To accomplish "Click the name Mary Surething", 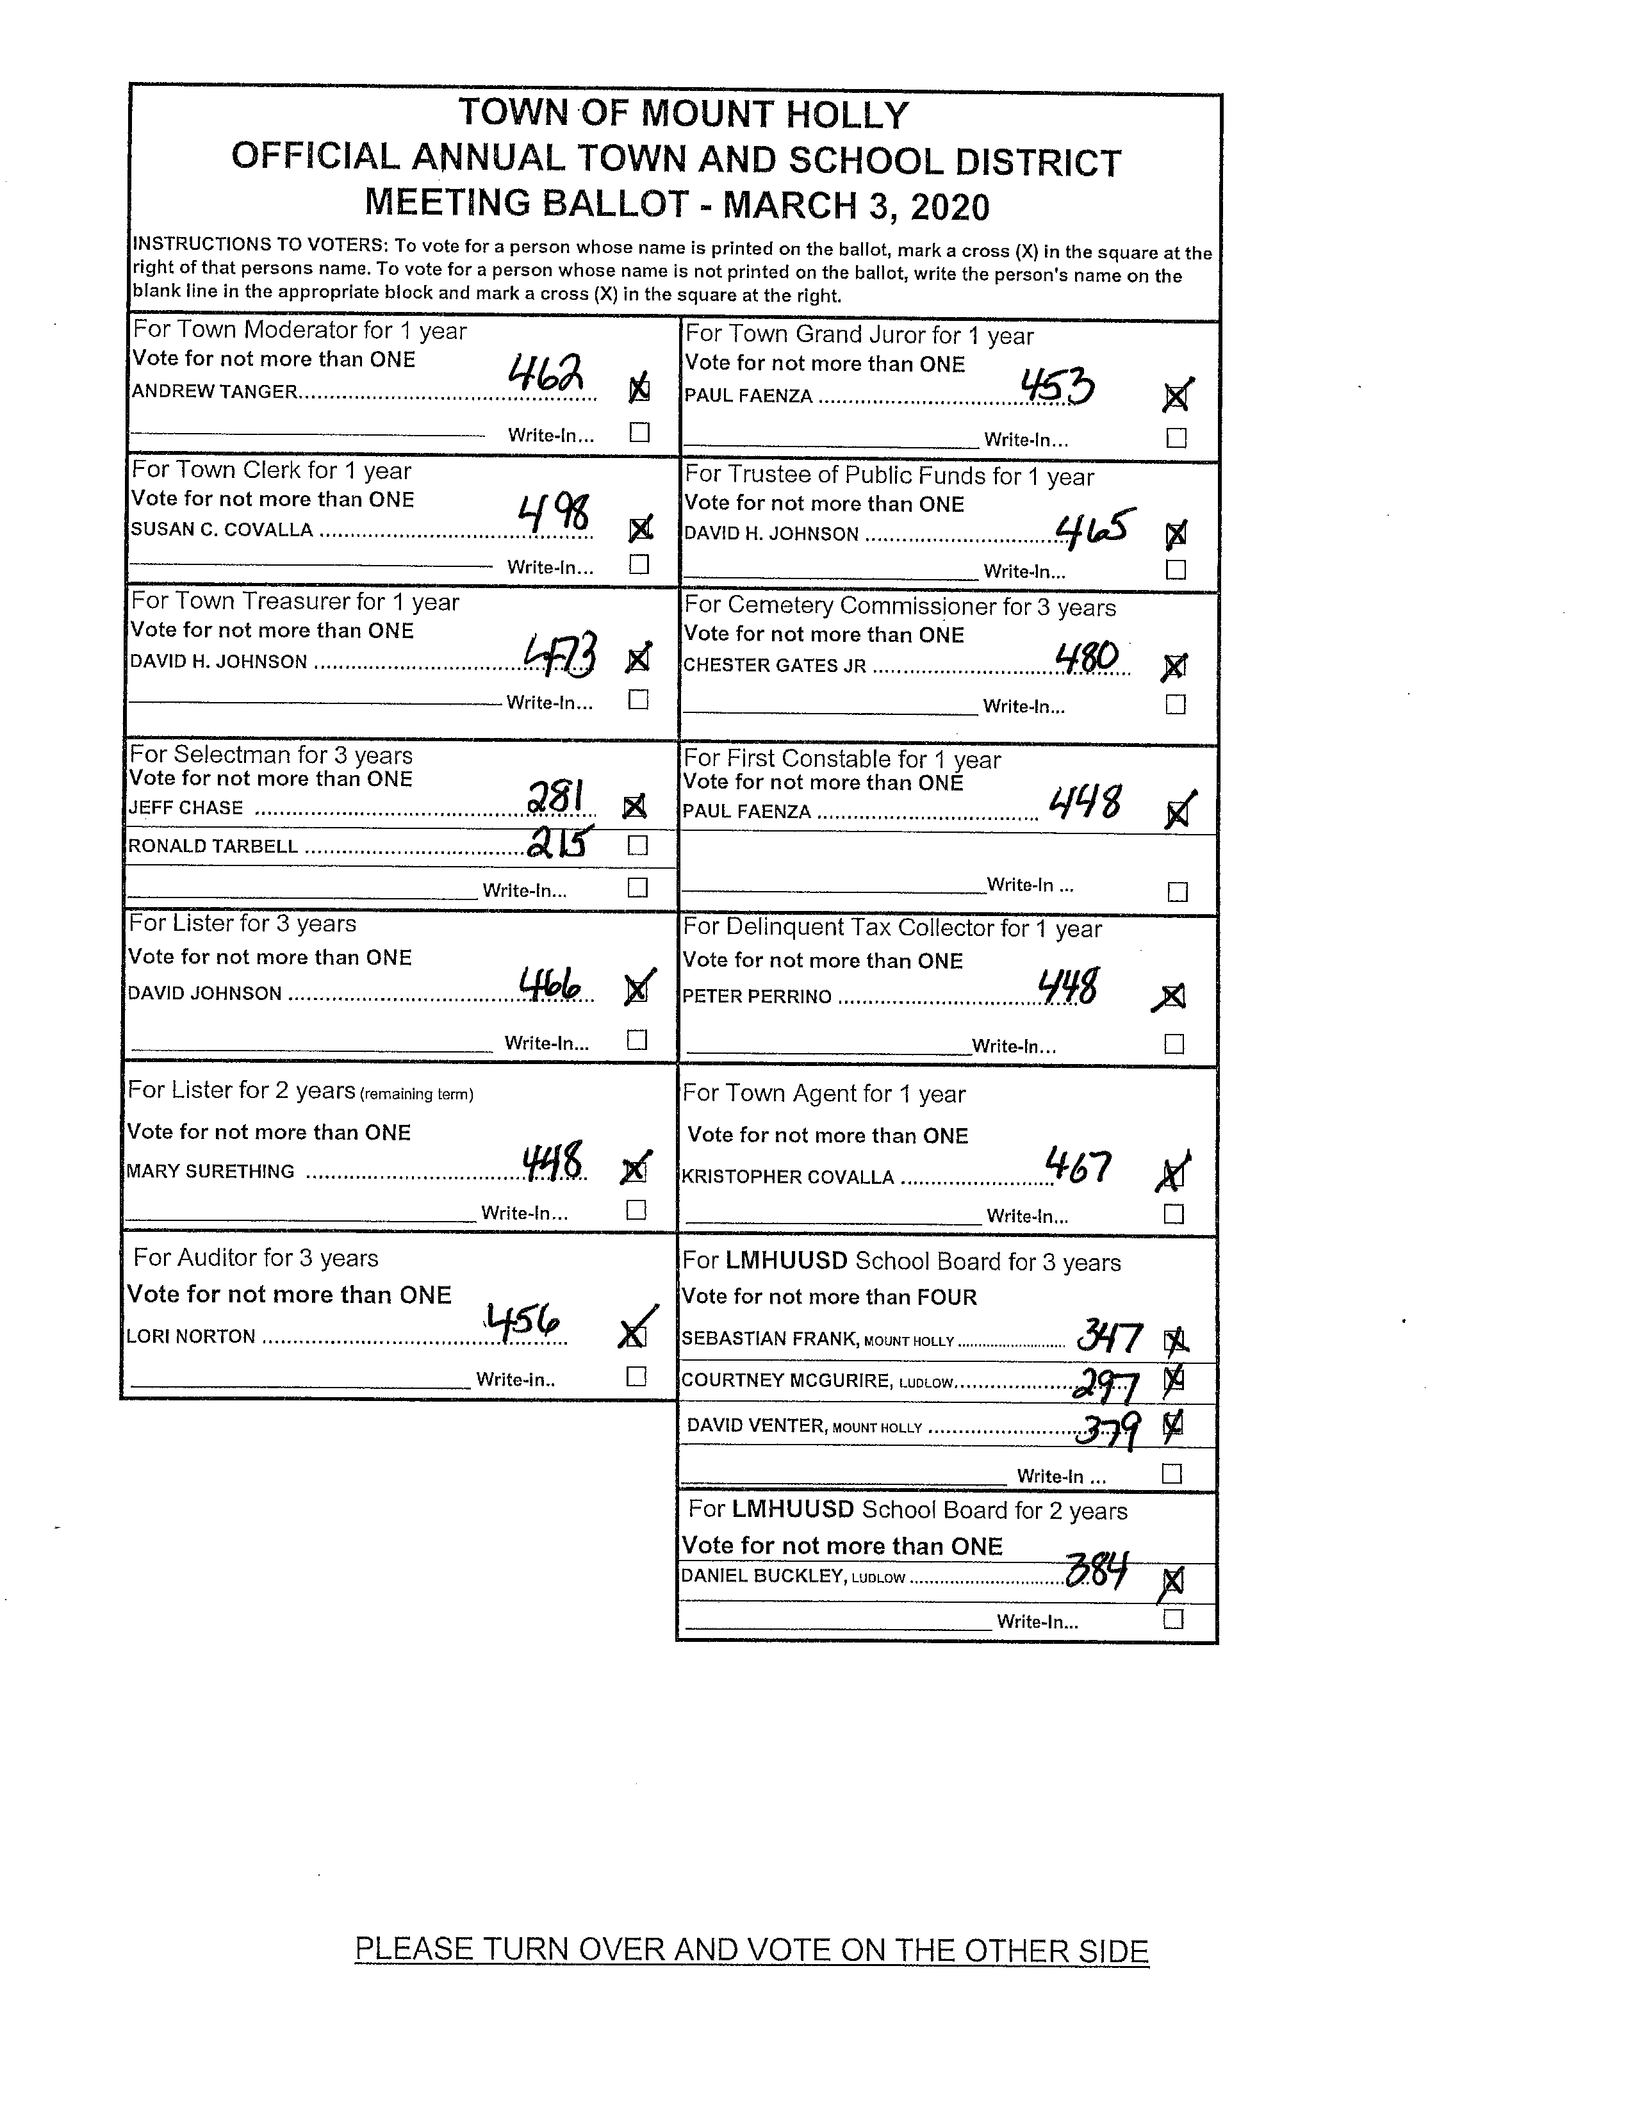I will click(x=211, y=1171).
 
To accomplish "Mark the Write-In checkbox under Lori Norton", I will click(x=636, y=1377).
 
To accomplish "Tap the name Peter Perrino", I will click(x=757, y=997).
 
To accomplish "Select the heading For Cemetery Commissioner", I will click(x=900, y=607).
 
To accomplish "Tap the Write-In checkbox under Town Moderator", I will click(x=639, y=432).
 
